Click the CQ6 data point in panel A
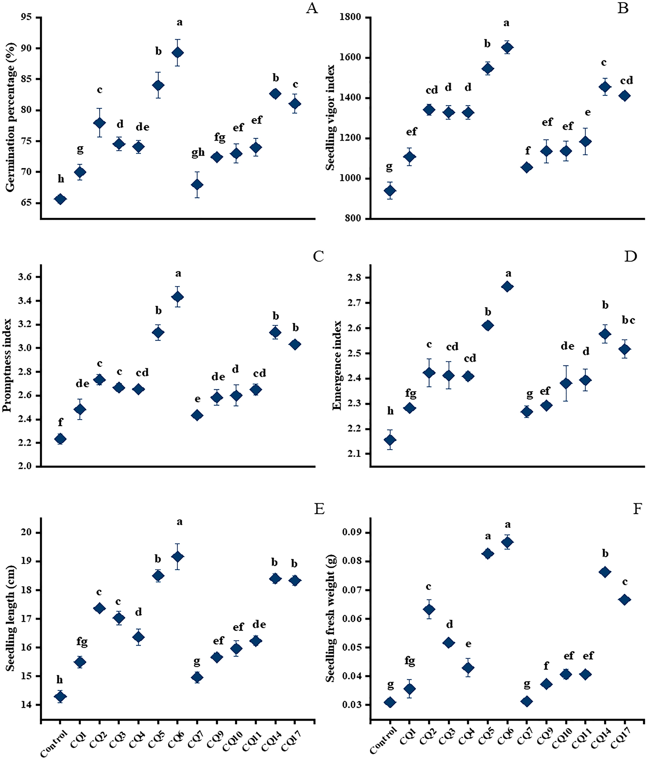pyautogui.click(x=178, y=53)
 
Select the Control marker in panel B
pyautogui.click(x=390, y=191)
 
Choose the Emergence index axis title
pyautogui.click(x=337, y=365)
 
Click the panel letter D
pyautogui.click(x=630, y=256)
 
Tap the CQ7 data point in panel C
pyautogui.click(x=197, y=415)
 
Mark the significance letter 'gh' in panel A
pyautogui.click(x=198, y=153)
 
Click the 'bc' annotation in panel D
pyautogui.click(x=628, y=320)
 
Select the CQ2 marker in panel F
pyautogui.click(x=429, y=609)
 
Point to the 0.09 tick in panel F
pyautogui.click(x=351, y=532)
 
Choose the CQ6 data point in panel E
pyautogui.click(x=178, y=556)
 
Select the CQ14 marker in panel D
pyautogui.click(x=605, y=334)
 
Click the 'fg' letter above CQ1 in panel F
pyautogui.click(x=410, y=661)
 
